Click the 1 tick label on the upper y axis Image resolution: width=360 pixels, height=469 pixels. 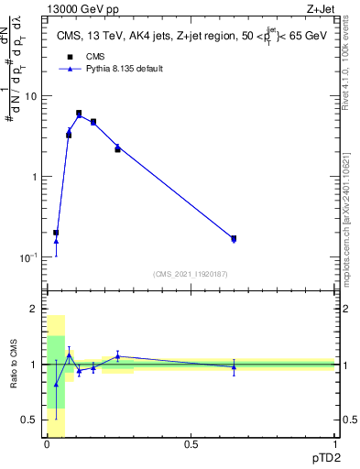[x=34, y=177]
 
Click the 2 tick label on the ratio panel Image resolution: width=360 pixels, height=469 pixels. [x=34, y=310]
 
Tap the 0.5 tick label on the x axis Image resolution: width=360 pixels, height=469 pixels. [x=191, y=444]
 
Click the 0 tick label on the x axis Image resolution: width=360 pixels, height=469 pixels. [x=47, y=444]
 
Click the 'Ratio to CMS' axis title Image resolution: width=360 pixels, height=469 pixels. [x=15, y=365]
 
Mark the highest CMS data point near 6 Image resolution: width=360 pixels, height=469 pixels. [x=79, y=114]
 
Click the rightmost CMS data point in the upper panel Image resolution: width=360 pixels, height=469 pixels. [x=234, y=238]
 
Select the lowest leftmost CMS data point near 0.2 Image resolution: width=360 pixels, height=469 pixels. [x=56, y=233]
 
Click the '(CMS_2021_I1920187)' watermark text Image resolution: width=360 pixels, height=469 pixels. [x=191, y=273]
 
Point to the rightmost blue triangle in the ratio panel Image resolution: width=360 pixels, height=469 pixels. [x=234, y=367]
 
